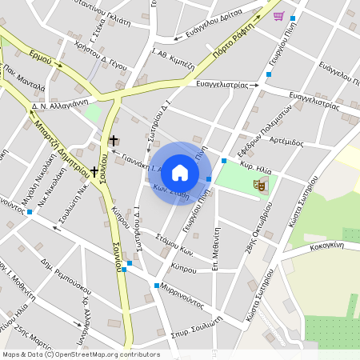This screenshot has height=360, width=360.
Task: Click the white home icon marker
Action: (x=180, y=172)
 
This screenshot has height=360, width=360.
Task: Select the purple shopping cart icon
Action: (x=278, y=15)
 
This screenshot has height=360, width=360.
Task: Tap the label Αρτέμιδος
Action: (x=287, y=142)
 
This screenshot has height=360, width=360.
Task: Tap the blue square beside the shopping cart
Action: (x=294, y=18)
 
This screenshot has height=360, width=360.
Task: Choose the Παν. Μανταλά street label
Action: (x=25, y=80)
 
